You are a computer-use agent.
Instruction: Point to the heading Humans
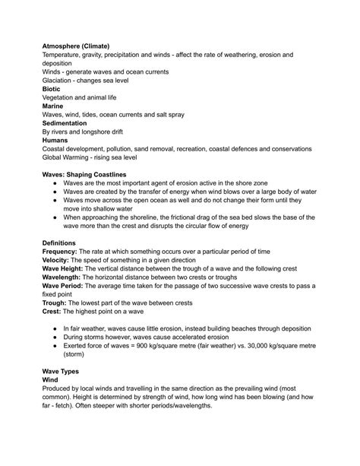(x=56, y=140)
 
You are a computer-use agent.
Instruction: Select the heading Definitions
(x=63, y=243)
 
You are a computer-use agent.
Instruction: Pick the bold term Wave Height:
(x=67, y=269)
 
